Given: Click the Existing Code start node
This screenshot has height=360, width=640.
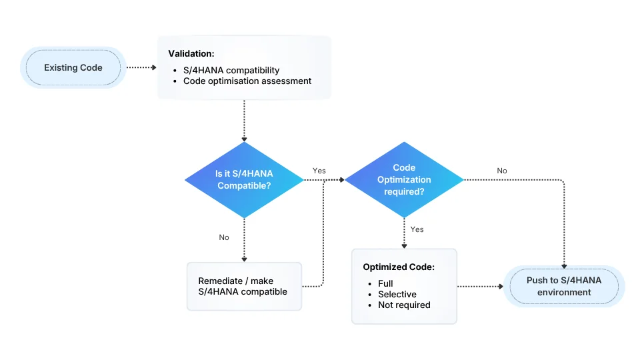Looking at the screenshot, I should coord(73,67).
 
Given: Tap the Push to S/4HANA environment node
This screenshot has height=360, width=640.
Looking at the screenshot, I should coord(564,287).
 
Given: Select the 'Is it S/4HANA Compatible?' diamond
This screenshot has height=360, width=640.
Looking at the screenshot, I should coord(244,179).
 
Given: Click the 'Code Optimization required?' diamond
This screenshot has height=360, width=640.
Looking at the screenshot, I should coord(404,179).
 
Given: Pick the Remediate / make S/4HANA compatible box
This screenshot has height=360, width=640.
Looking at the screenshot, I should coord(244,287).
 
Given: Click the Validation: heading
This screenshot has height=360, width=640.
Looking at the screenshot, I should coord(191,53).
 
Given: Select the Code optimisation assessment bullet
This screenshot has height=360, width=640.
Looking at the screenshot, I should coord(247,81).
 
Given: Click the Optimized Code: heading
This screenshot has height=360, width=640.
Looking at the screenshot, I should coord(399,267).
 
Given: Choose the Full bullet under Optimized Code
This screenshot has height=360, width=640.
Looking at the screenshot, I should coord(385,283).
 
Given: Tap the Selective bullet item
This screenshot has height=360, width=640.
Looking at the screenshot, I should coord(397,294).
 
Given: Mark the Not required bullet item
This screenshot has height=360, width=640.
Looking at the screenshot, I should coord(404,305).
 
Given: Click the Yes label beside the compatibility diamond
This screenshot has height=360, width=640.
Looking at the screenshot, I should coord(319,171).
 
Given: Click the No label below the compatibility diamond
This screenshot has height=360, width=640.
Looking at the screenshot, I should coord(224,237).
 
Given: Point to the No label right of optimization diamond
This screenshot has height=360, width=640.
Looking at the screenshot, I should coord(502,171).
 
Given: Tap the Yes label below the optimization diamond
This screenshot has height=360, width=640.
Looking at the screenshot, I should coord(417,229).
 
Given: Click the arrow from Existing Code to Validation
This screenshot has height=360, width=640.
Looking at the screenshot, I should coord(141,67).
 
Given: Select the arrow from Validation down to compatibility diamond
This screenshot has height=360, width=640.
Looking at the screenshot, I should coord(244,120).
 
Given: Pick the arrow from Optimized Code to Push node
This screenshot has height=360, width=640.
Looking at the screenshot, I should coord(480,287).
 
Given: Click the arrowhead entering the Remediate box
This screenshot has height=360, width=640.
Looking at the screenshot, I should coord(244,259).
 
